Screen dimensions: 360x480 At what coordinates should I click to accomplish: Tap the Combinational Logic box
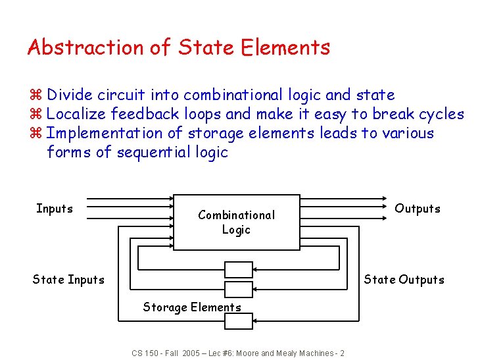tap(236, 222)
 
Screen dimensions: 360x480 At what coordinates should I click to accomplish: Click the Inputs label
tap(55, 209)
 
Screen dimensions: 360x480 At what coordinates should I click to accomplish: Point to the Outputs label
tap(417, 209)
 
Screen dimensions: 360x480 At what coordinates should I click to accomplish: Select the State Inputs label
tap(68, 280)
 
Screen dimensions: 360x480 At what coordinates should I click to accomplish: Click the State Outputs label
tap(404, 280)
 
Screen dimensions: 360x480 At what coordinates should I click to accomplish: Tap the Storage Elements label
tap(192, 307)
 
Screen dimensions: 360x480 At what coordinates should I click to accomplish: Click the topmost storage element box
tap(238, 269)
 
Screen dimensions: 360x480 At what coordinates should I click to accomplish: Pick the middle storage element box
tap(238, 289)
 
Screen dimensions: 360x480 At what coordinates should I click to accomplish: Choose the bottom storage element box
tap(238, 321)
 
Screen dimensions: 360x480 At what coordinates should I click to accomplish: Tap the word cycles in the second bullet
tap(441, 115)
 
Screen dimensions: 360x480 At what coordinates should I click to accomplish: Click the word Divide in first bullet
tap(69, 95)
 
